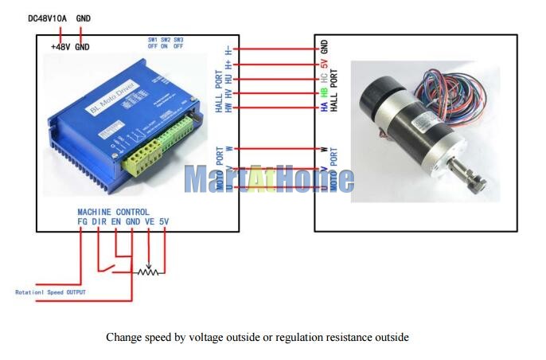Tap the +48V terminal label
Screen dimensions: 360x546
tap(60, 47)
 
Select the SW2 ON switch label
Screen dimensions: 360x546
tap(165, 43)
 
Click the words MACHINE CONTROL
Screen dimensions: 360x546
tap(112, 212)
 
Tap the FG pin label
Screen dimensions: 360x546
tap(82, 221)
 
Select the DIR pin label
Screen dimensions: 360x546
tap(99, 221)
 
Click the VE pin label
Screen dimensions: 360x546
tap(149, 221)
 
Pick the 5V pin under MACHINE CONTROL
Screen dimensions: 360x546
tap(164, 221)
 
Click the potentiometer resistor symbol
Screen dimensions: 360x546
tap(147, 272)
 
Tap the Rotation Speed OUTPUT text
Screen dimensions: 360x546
tap(49, 292)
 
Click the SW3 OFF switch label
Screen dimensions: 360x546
tap(178, 43)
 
